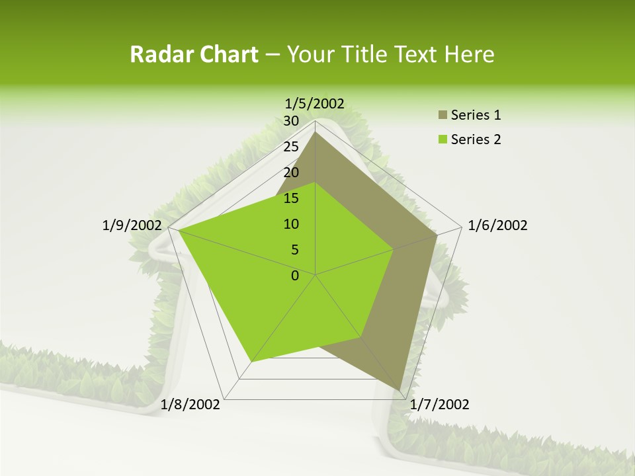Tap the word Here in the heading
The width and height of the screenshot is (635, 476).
click(469, 55)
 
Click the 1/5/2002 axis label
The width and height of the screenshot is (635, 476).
click(314, 103)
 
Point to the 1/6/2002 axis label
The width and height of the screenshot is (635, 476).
click(497, 225)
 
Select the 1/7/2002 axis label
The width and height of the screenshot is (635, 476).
click(439, 405)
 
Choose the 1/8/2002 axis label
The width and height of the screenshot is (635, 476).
click(190, 405)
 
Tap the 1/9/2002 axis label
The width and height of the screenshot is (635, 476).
click(132, 225)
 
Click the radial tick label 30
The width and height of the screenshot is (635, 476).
click(291, 121)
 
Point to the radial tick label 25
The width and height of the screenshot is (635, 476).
click(291, 147)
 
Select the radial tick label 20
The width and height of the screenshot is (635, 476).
click(291, 173)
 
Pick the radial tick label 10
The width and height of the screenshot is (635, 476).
click(291, 224)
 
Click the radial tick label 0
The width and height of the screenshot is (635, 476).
click(295, 276)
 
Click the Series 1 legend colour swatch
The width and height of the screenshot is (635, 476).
click(442, 116)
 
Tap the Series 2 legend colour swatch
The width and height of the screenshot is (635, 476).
click(442, 139)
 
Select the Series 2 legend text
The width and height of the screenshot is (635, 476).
click(476, 139)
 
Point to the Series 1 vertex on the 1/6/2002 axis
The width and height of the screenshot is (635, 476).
click(437, 235)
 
